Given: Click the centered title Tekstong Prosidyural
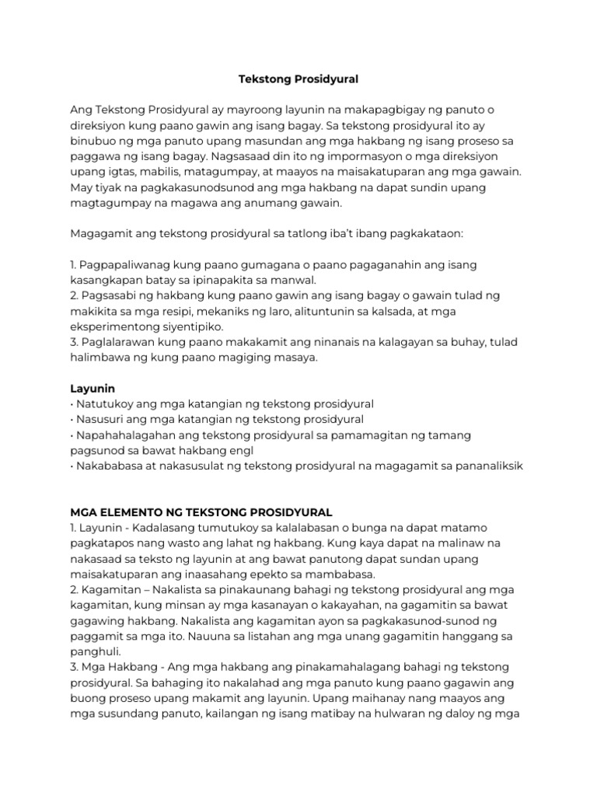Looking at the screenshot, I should pos(298,79).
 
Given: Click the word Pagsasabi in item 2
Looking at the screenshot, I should pos(110,295).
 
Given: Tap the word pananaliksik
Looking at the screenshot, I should pos(486,466).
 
